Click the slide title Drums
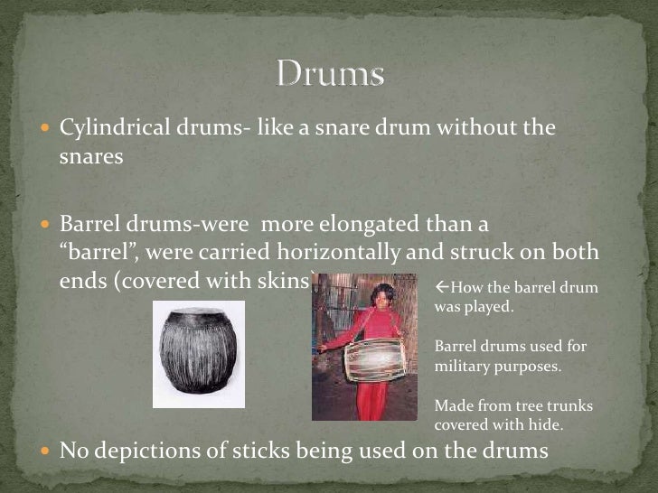coord(330,74)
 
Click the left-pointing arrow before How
coord(441,289)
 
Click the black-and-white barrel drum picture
coord(198,354)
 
